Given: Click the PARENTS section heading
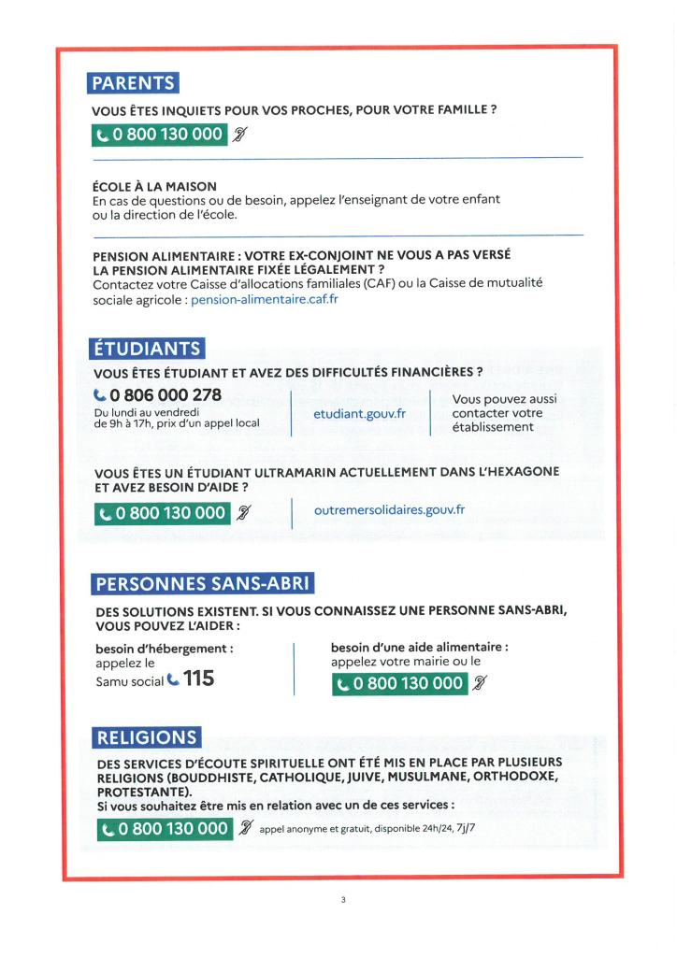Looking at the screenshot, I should (133, 83).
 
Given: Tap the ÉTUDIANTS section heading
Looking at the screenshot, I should (146, 349).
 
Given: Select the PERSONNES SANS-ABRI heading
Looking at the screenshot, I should (202, 585).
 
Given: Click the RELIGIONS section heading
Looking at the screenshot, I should (146, 737).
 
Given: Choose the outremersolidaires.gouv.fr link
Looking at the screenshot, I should (390, 510).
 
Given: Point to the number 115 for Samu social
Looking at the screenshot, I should (198, 678).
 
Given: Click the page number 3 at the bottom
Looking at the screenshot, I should (343, 900).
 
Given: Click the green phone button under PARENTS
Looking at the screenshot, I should (159, 135).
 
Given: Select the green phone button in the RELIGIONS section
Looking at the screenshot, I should (164, 829).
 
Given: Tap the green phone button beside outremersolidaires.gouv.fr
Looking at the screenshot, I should (162, 512).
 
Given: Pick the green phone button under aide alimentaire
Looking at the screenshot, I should (400, 683).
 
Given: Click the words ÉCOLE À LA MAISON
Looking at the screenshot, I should (154, 187).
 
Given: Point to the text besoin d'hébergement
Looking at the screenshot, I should (165, 647).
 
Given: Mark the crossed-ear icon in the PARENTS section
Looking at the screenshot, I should (239, 135).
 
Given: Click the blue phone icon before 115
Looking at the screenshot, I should (172, 679).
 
